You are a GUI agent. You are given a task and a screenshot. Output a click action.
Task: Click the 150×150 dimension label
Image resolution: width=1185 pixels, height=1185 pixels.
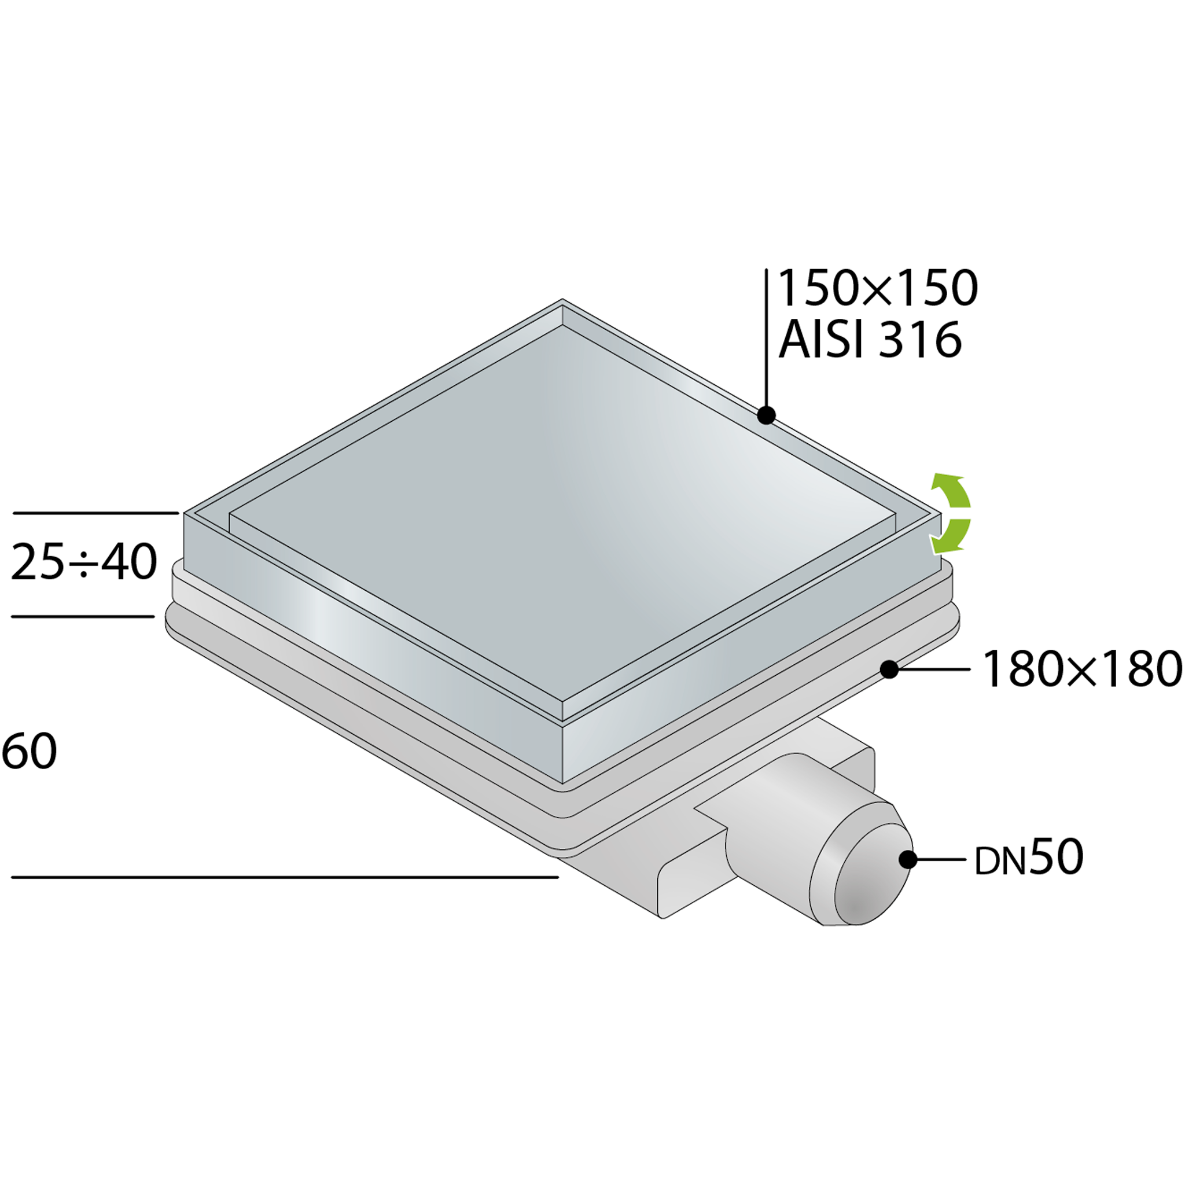878,288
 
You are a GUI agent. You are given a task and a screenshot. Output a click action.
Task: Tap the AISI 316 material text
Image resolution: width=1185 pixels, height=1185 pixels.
870,340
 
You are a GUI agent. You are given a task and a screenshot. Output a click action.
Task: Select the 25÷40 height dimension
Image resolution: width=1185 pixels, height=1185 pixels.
84,562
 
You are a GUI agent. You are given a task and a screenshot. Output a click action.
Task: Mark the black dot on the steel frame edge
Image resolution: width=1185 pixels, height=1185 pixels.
766,415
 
